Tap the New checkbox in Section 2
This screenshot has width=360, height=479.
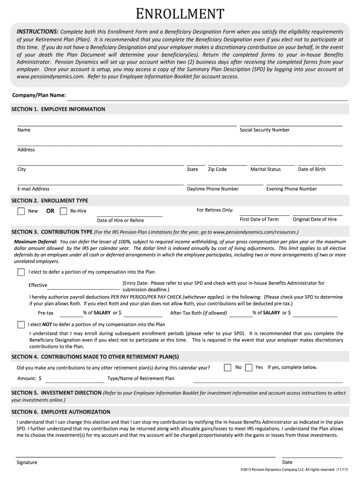point(21,211)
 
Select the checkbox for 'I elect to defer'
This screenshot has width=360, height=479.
point(21,272)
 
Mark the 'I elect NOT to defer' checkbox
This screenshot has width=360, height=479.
point(21,324)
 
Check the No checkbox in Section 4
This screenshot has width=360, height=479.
point(228,367)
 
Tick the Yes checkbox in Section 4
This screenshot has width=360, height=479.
point(249,367)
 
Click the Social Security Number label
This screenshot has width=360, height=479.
point(265,130)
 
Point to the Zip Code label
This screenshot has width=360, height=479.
point(217,169)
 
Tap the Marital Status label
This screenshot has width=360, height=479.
point(266,169)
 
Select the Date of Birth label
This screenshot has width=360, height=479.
point(312,169)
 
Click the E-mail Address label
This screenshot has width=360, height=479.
point(33,189)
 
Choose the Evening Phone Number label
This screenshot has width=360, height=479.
point(292,189)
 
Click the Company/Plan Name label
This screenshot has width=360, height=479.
point(39,95)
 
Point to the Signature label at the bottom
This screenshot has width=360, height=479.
point(27,462)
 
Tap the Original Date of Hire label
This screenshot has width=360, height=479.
point(315,219)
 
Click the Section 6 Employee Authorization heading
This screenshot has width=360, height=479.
point(61,412)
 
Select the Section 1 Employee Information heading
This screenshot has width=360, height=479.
point(58,109)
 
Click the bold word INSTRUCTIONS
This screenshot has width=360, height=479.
point(38,31)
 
